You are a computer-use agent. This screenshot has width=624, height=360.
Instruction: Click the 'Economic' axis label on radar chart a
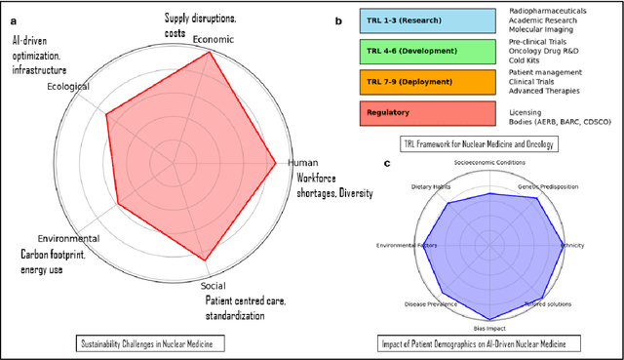pyautogui.click(x=213, y=39)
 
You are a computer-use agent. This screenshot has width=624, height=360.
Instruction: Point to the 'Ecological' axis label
pyautogui.click(x=68, y=87)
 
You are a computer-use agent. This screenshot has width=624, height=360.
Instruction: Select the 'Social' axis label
pyautogui.click(x=213, y=286)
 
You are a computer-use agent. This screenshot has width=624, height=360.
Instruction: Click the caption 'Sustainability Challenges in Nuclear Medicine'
pyautogui.click(x=151, y=342)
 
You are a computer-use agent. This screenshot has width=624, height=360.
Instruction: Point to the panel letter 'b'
pyautogui.click(x=338, y=20)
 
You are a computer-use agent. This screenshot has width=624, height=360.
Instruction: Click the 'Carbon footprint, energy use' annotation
pyautogui.click(x=54, y=261)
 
